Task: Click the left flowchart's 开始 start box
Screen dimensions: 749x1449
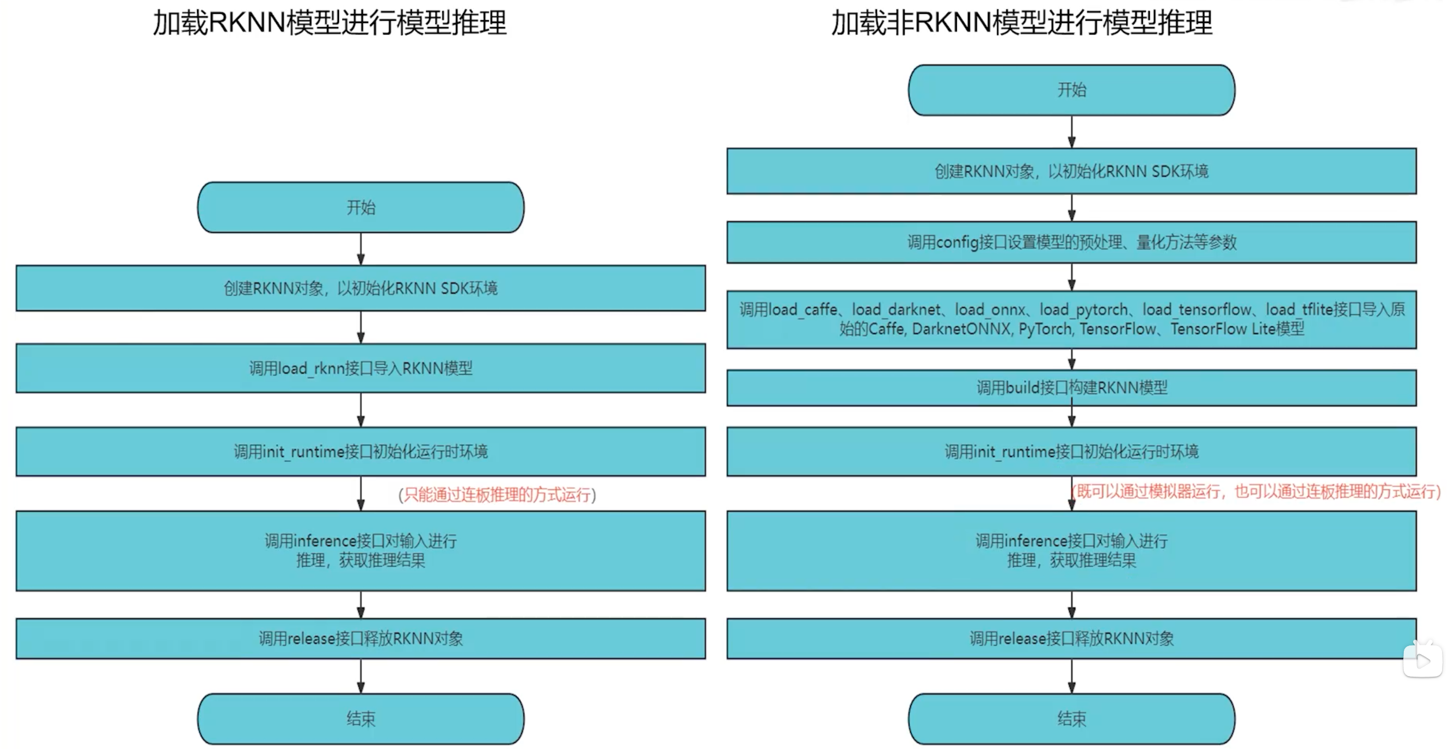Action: click(361, 207)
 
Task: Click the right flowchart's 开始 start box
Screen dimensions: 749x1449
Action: click(1071, 90)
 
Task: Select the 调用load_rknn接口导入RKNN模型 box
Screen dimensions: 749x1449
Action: click(361, 368)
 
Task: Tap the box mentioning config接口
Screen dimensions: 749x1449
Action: click(1071, 242)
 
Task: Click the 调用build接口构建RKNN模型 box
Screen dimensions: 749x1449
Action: click(1071, 388)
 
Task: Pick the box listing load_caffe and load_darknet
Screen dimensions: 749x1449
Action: click(1071, 319)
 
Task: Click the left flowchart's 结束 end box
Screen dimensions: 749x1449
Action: click(361, 718)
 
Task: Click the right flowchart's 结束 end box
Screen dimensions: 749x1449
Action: click(1071, 718)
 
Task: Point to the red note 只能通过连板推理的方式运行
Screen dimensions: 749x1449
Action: click(497, 495)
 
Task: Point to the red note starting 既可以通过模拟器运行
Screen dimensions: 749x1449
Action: click(1256, 492)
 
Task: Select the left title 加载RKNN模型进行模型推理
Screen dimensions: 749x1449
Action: click(330, 23)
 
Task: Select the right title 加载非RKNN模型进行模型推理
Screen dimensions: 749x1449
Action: click(1021, 23)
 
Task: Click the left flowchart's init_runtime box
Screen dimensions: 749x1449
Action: click(361, 451)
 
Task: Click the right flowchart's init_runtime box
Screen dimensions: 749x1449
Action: click(1071, 451)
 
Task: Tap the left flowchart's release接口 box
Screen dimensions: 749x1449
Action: click(361, 639)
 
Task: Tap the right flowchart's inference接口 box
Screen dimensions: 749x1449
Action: click(1071, 550)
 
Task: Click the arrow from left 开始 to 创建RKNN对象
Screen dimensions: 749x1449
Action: click(361, 249)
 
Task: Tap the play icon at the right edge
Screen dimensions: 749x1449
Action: click(1422, 661)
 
